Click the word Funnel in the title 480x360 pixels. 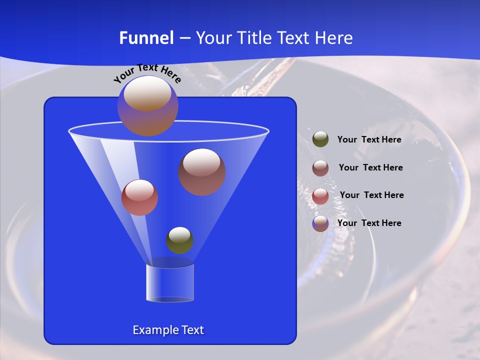click(x=146, y=38)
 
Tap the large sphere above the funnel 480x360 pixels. click(x=147, y=106)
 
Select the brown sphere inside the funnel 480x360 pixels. click(x=202, y=172)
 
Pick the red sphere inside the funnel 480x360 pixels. click(x=139, y=197)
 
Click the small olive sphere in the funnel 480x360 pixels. click(x=179, y=240)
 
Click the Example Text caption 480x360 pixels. click(x=168, y=330)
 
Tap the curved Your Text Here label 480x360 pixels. click(x=147, y=73)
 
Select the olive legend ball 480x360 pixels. click(x=320, y=139)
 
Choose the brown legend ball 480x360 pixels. click(x=320, y=168)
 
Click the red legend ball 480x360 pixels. click(x=320, y=196)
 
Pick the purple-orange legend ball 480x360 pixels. click(x=320, y=223)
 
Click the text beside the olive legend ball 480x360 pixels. click(x=369, y=140)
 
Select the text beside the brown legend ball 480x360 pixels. click(x=370, y=167)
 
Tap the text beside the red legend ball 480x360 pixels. click(x=371, y=195)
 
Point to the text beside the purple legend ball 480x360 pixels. click(x=369, y=223)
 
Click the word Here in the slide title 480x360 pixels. click(x=333, y=38)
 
